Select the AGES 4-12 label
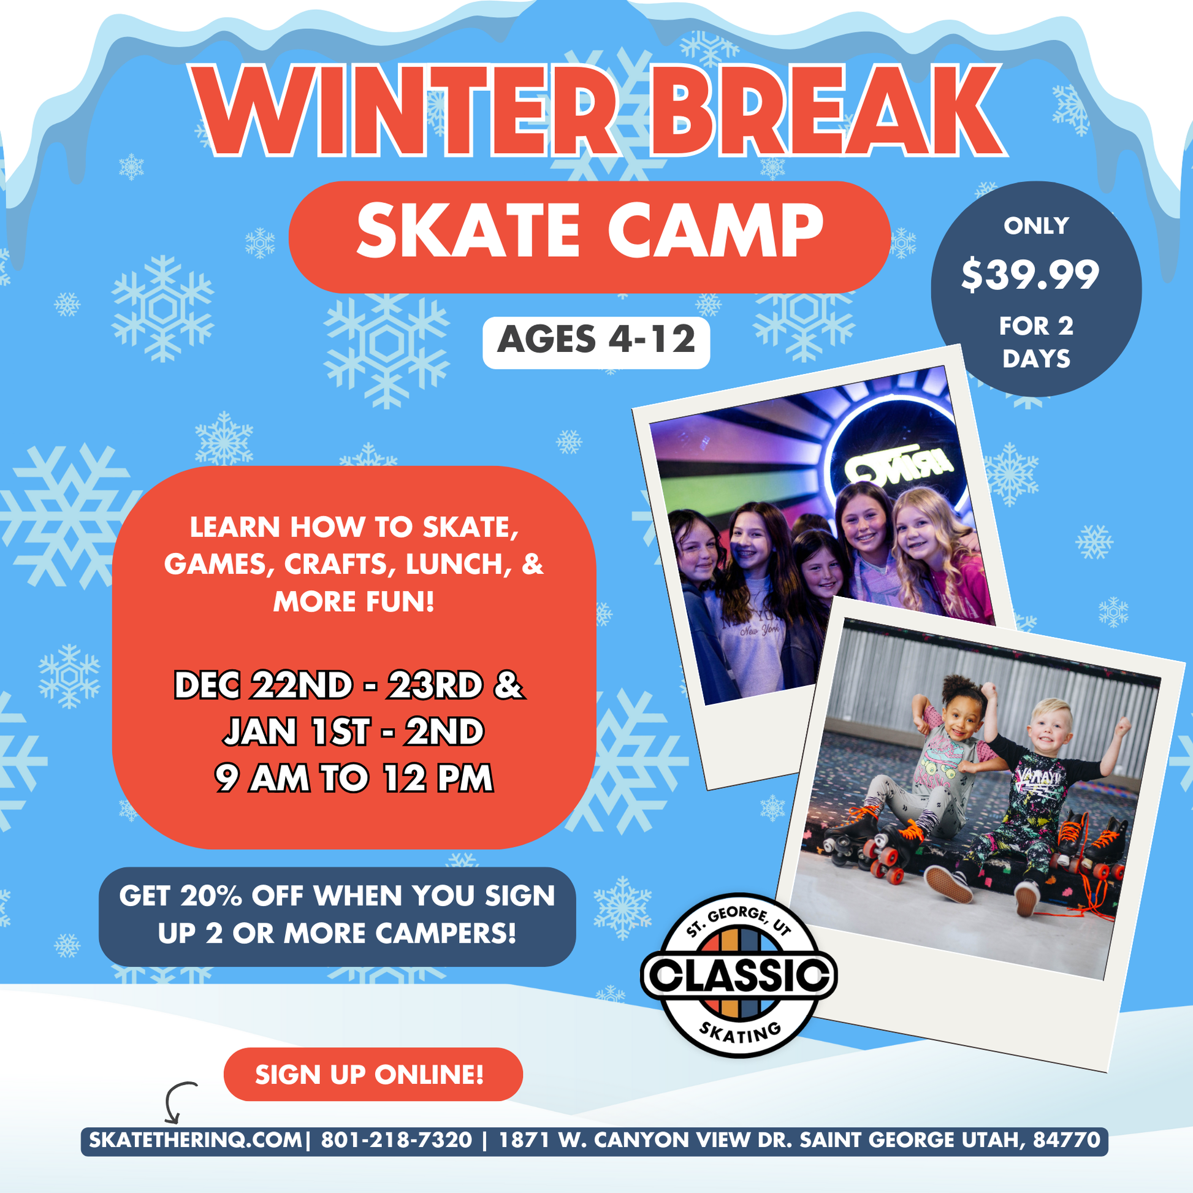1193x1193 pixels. [596, 340]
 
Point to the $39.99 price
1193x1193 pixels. [1030, 275]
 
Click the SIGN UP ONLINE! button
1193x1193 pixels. [373, 1075]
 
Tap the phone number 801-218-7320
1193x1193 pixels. [397, 1139]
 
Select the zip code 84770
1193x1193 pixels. [1067, 1139]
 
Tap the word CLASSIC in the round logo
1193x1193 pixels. [739, 975]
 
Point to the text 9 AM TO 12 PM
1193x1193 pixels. [354, 778]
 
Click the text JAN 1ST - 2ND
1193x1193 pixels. [353, 732]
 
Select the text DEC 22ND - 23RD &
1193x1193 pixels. [349, 685]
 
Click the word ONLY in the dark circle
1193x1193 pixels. [1036, 226]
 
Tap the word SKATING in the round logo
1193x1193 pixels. [741, 1031]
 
